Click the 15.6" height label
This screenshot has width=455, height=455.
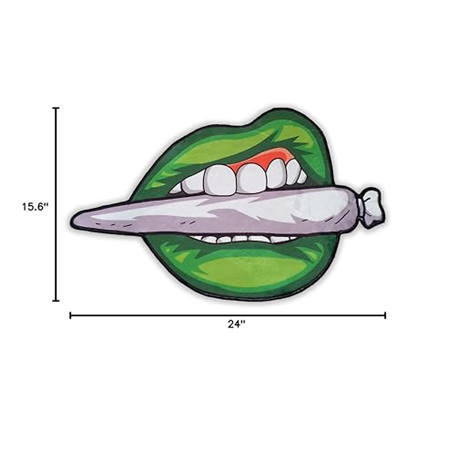[35, 207]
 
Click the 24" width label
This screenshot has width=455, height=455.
[237, 324]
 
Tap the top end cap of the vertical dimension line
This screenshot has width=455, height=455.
[56, 108]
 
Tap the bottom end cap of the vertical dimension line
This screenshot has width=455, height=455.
[56, 301]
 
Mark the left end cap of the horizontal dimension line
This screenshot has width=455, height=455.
[71, 315]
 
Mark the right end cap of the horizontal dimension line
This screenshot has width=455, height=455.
[385, 315]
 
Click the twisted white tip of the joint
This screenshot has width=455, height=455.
[374, 207]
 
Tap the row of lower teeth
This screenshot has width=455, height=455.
[243, 239]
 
